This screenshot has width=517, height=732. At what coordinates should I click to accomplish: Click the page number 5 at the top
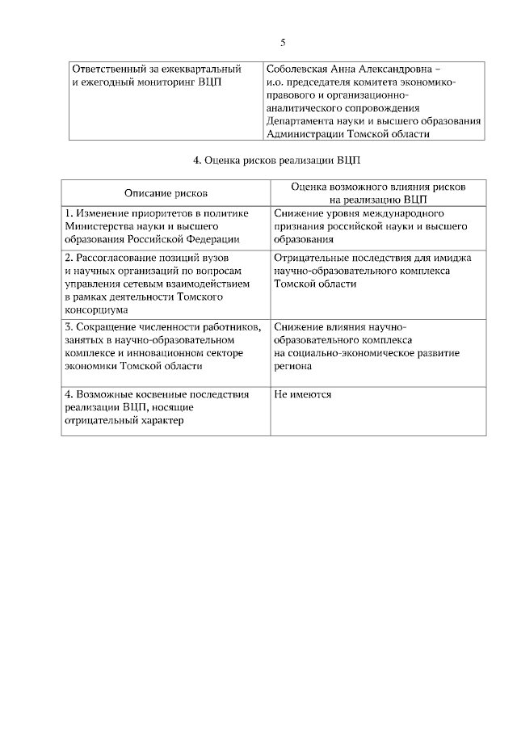pyautogui.click(x=283, y=42)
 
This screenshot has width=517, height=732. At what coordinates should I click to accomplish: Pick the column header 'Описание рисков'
pyautogui.click(x=166, y=193)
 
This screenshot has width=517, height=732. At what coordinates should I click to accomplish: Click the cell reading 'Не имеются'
pyautogui.click(x=302, y=394)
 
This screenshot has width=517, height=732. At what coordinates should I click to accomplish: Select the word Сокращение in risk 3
pyautogui.click(x=108, y=327)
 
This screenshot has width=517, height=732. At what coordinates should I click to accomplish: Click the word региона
pyautogui.click(x=292, y=366)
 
